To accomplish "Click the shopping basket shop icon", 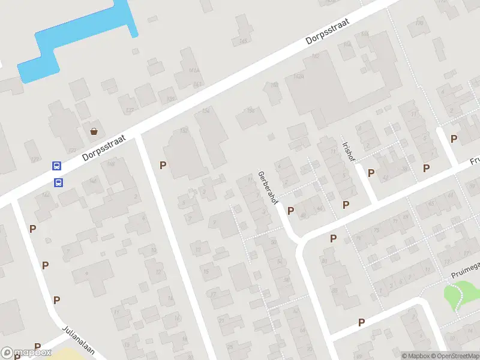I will tap(94, 131).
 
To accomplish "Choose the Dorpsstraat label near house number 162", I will tap(328, 32).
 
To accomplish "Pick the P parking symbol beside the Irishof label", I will tap(371, 173).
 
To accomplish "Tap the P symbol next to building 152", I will tap(163, 165).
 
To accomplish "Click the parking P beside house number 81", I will tap(333, 238).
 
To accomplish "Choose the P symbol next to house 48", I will tap(291, 211).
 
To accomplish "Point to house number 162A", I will tap(299, 76).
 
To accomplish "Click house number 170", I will tap(420, 23).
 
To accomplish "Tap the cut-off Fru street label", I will tap(474, 161).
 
